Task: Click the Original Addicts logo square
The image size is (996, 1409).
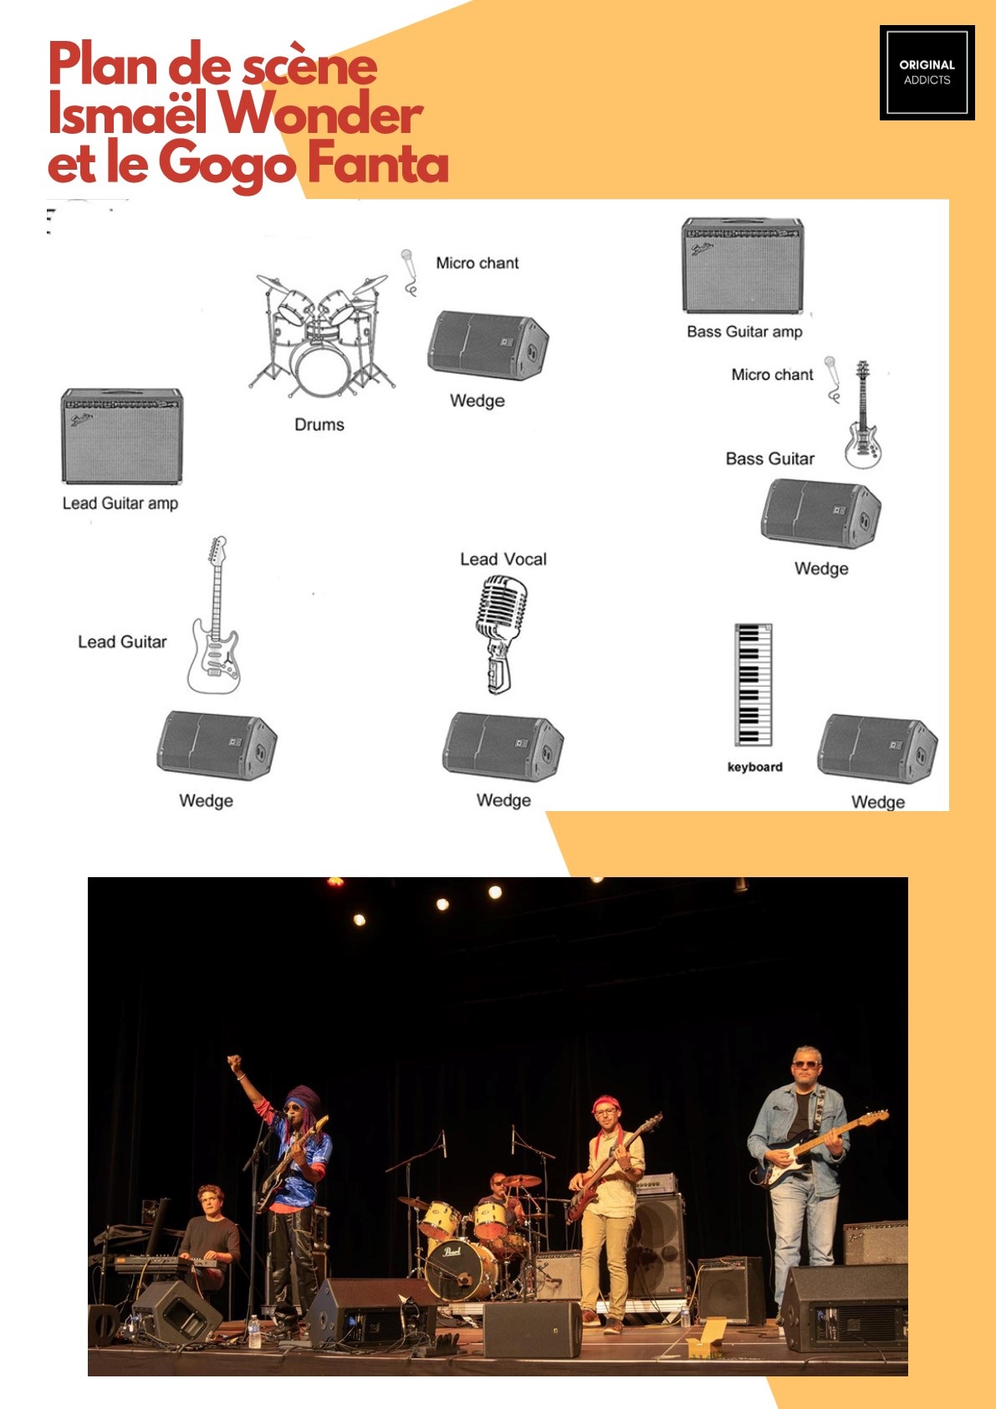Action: tap(927, 73)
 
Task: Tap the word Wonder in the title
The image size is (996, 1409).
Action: tap(321, 114)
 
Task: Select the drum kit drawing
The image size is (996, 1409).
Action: tap(321, 335)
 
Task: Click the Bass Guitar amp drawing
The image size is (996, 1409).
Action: tap(743, 265)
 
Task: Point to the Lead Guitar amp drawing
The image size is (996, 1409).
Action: tap(122, 436)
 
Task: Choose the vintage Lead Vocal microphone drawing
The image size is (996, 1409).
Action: tap(501, 634)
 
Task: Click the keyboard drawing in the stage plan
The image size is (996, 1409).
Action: tap(753, 684)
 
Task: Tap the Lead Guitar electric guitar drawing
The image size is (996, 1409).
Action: tap(214, 615)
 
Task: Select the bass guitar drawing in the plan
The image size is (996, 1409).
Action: tap(862, 415)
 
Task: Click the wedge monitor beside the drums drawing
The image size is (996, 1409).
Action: tap(488, 345)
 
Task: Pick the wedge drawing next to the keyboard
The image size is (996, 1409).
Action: tap(877, 748)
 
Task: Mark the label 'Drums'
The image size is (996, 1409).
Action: tap(319, 425)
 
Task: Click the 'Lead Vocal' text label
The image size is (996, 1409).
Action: tap(503, 559)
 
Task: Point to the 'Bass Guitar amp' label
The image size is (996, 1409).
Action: tap(744, 331)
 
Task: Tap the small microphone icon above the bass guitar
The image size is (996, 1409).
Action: tap(832, 380)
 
